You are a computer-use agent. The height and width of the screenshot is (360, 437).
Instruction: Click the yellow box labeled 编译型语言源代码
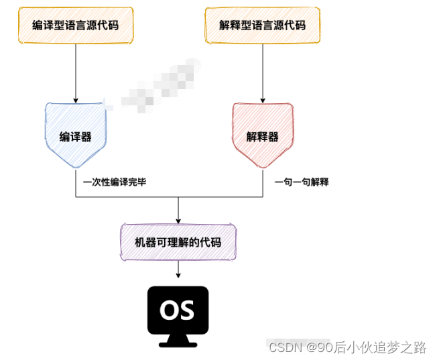[x=75, y=26]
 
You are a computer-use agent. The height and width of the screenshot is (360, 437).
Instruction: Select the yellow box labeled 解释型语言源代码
[x=262, y=26]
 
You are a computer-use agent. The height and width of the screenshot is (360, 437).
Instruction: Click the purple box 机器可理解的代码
[x=178, y=242]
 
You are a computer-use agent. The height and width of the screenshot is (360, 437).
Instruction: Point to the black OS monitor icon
[x=178, y=312]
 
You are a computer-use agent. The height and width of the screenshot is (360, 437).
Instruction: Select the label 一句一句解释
[x=302, y=182]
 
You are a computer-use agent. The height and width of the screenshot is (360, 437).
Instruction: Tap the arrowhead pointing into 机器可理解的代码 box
[x=178, y=219]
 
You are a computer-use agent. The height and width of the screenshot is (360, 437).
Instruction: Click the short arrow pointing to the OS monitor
[x=178, y=270]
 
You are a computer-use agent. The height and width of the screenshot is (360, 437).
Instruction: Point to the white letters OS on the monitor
[x=178, y=309]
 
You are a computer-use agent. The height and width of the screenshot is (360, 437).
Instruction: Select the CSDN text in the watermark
[x=284, y=347]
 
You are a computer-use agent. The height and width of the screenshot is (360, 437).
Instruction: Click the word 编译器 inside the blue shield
[x=75, y=137]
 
